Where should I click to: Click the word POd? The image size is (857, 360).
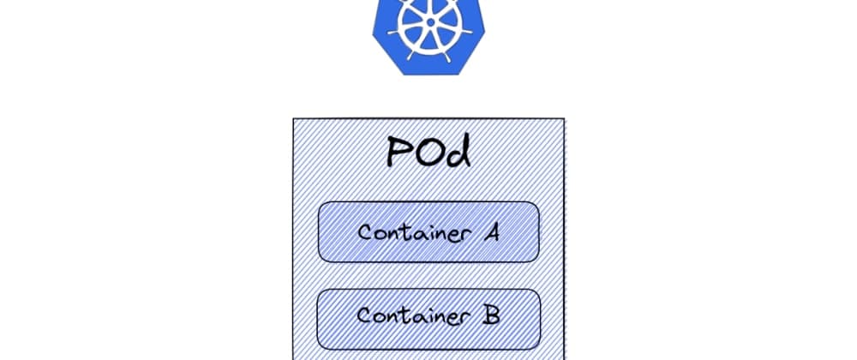[x=428, y=152]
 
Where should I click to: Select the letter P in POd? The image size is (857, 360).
[x=399, y=153]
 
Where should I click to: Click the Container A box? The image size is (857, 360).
[x=428, y=231]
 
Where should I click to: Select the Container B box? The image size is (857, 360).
[x=428, y=315]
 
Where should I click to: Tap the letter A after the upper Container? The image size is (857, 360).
[x=489, y=231]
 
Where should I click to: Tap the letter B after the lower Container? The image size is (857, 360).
[x=491, y=315]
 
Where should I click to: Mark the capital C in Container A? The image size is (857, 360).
[x=365, y=232]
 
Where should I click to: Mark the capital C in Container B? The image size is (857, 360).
[x=364, y=316]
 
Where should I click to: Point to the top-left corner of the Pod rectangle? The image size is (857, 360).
[x=294, y=119]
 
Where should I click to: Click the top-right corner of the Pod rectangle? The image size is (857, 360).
[x=564, y=119]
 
